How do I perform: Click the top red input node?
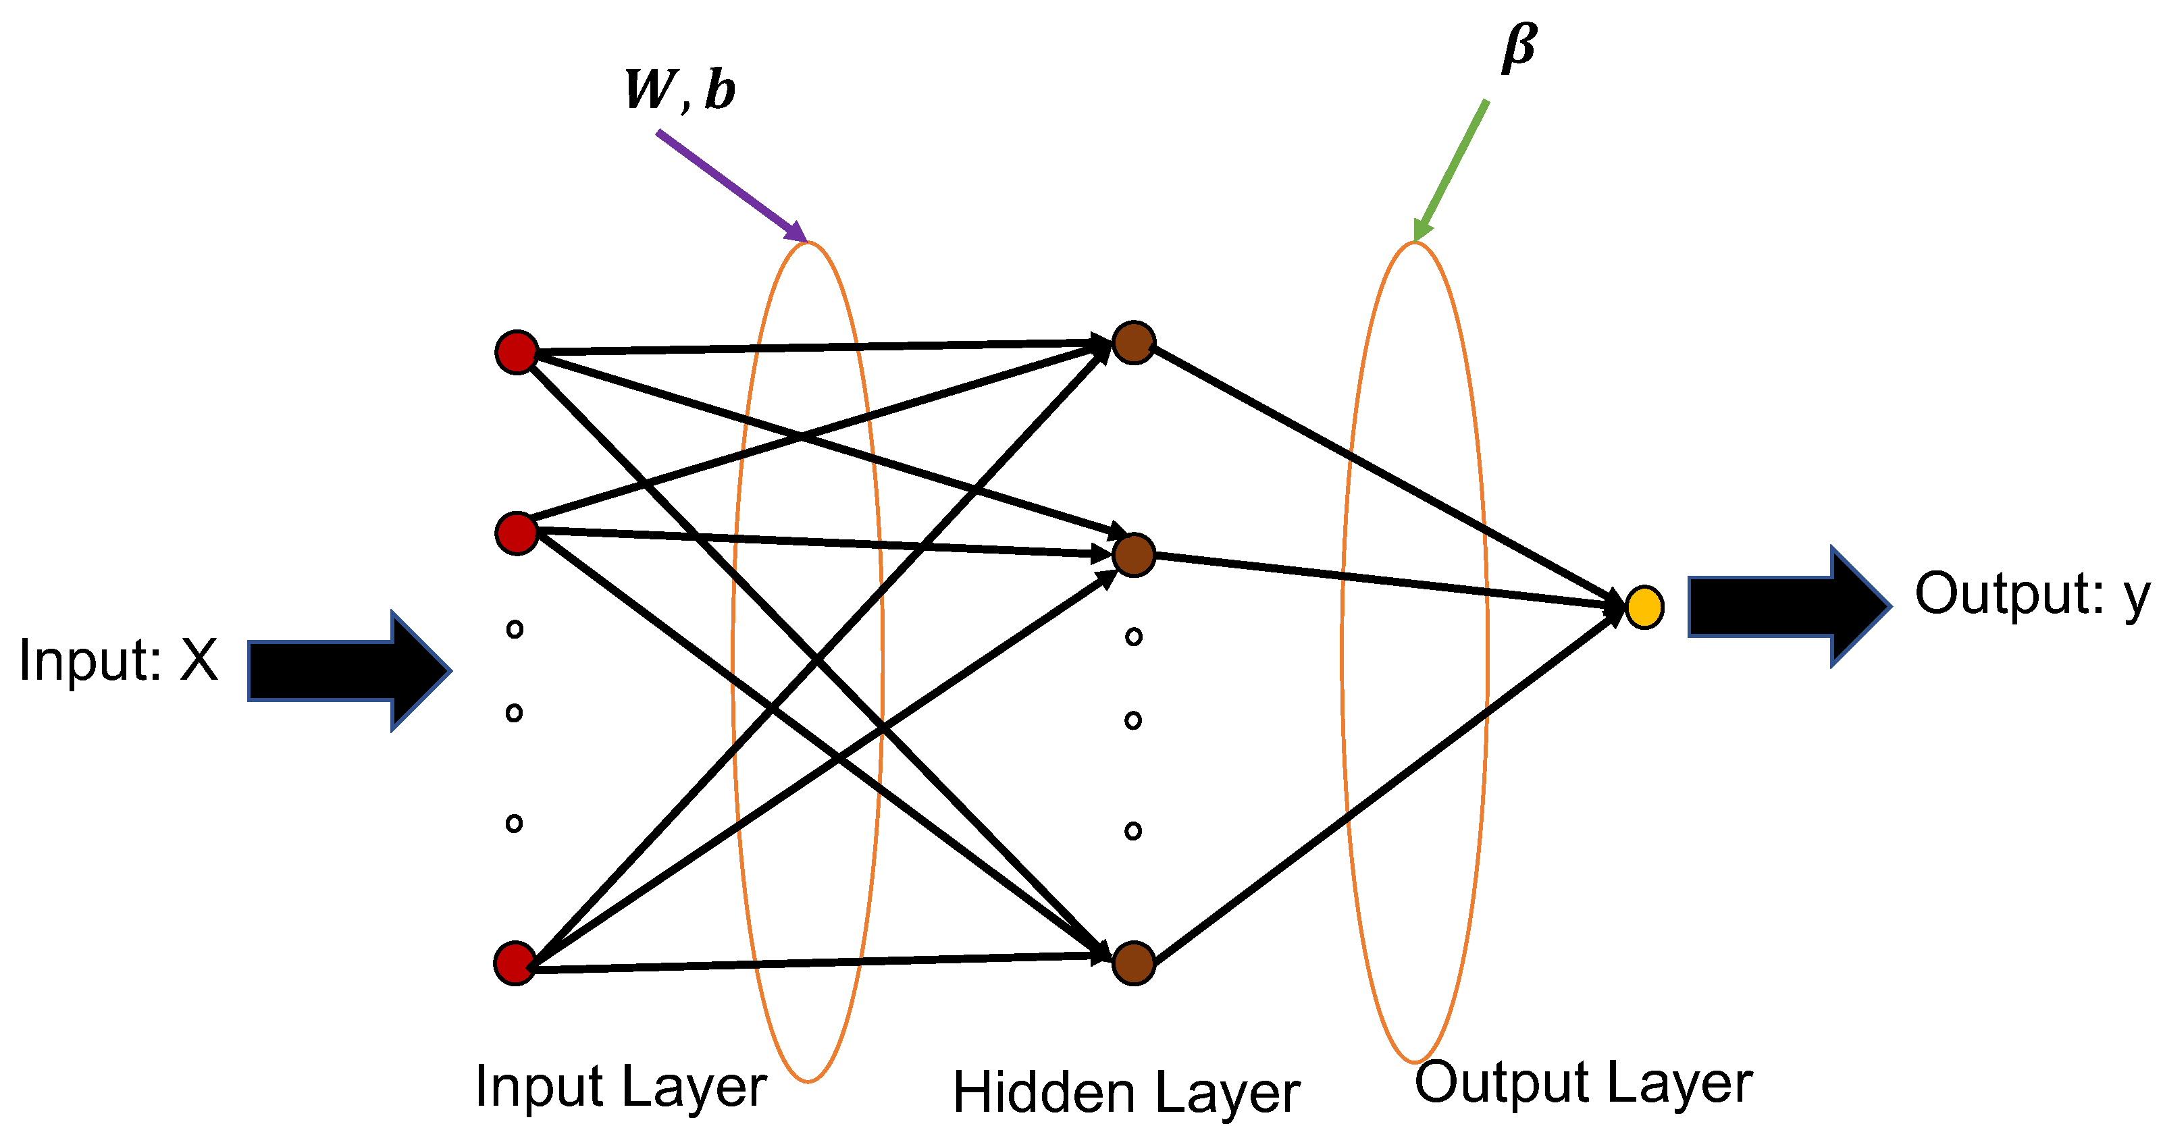pyautogui.click(x=517, y=352)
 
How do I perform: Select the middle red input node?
pyautogui.click(x=517, y=533)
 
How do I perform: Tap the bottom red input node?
pyautogui.click(x=515, y=963)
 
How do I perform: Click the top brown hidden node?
pyautogui.click(x=1134, y=342)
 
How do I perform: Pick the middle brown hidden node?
pyautogui.click(x=1134, y=555)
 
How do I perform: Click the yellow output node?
pyautogui.click(x=1644, y=607)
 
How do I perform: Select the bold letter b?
pyautogui.click(x=720, y=89)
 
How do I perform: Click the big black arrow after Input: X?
pyautogui.click(x=348, y=670)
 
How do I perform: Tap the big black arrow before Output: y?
pyautogui.click(x=1788, y=606)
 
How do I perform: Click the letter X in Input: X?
pyautogui.click(x=199, y=661)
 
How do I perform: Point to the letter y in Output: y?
pyautogui.click(x=2136, y=598)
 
